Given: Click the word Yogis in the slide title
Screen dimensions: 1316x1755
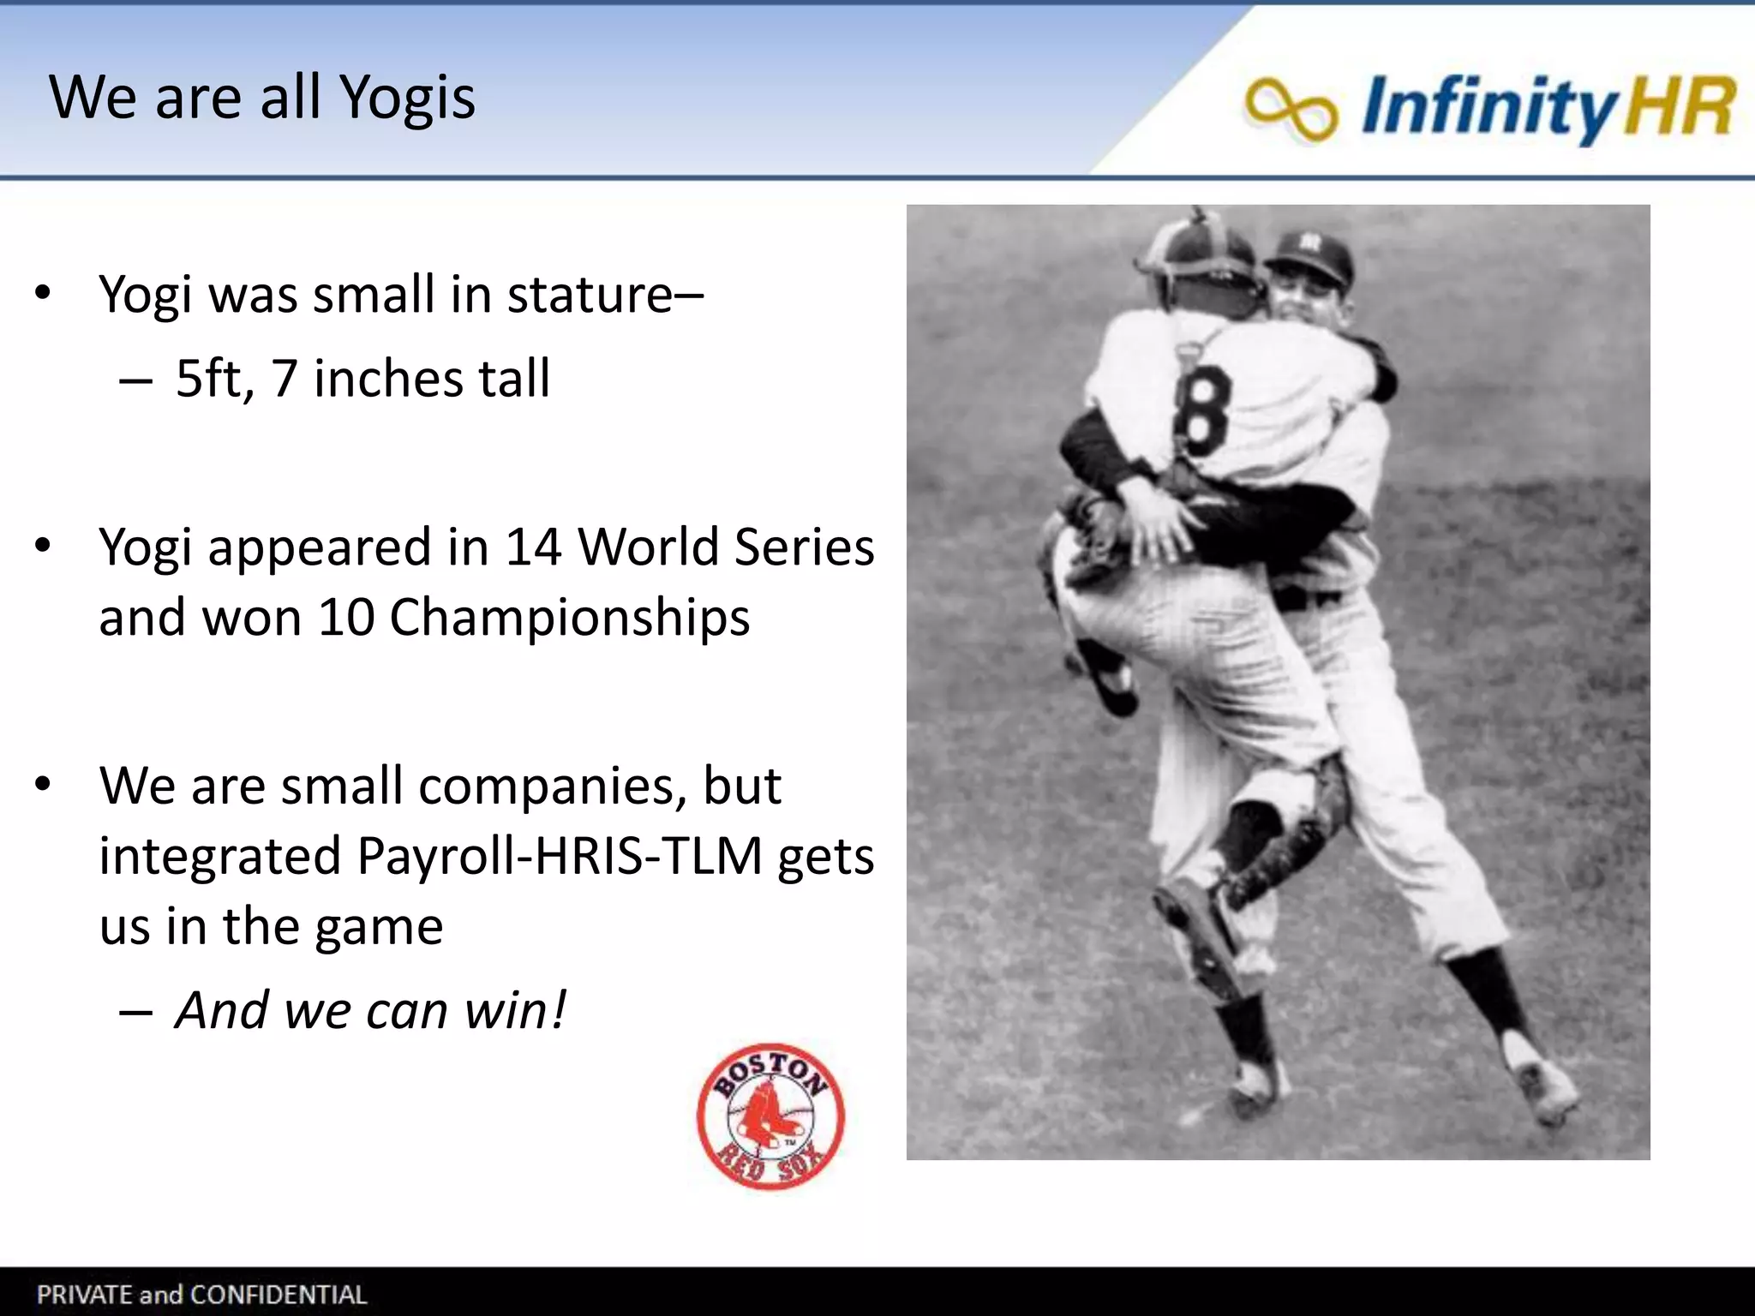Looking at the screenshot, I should coord(407,99).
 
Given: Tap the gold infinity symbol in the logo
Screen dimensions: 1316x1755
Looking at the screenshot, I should coord(1290,109).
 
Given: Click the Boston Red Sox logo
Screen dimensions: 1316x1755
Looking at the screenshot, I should coord(770,1116).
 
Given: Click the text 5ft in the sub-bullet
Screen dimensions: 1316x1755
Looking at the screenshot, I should coord(214,379).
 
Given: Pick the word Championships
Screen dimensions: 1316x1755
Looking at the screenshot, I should coord(570,619).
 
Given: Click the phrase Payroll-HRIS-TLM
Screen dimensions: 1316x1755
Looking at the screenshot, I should coord(559,856).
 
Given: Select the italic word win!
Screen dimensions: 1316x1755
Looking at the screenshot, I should coord(515,1010).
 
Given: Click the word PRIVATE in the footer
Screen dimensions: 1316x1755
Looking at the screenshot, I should coord(84,1295).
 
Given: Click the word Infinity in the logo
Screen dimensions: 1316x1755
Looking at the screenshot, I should coord(1488,107).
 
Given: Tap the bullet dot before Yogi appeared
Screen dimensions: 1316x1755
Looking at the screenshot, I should coord(44,547).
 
